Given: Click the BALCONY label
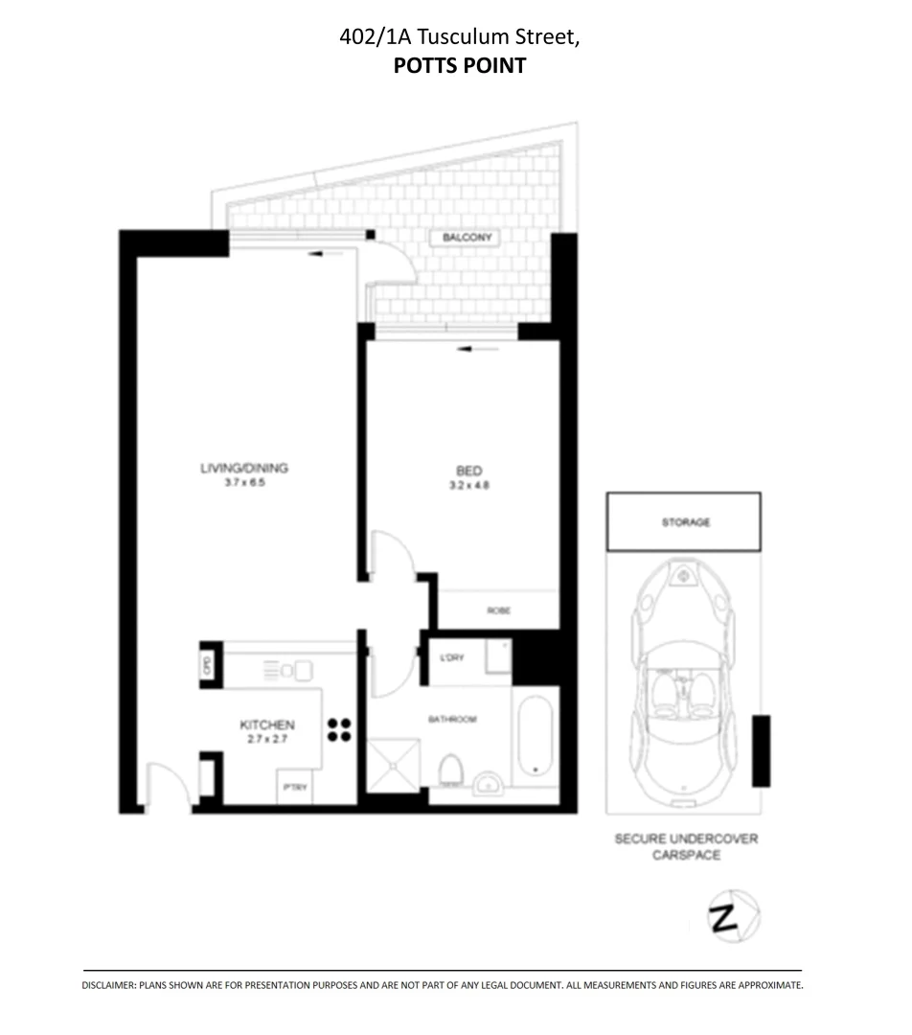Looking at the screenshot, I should pyautogui.click(x=467, y=237).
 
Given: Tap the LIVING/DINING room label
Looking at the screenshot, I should pyautogui.click(x=243, y=469).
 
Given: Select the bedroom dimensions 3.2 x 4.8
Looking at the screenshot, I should pyautogui.click(x=468, y=485).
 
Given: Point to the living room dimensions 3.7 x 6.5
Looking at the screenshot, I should pyautogui.click(x=243, y=483).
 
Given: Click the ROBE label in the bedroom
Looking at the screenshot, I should pyautogui.click(x=497, y=609).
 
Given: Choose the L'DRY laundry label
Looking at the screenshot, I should pyautogui.click(x=451, y=657).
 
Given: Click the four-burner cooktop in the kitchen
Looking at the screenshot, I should pyautogui.click(x=338, y=730).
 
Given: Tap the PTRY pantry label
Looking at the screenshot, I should pyautogui.click(x=293, y=788).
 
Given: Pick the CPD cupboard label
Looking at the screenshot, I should pyautogui.click(x=206, y=663).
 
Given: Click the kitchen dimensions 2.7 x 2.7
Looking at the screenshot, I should pyautogui.click(x=266, y=741).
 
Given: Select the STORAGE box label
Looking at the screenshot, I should pyautogui.click(x=685, y=522).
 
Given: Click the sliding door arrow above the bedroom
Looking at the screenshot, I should pyautogui.click(x=479, y=349).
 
